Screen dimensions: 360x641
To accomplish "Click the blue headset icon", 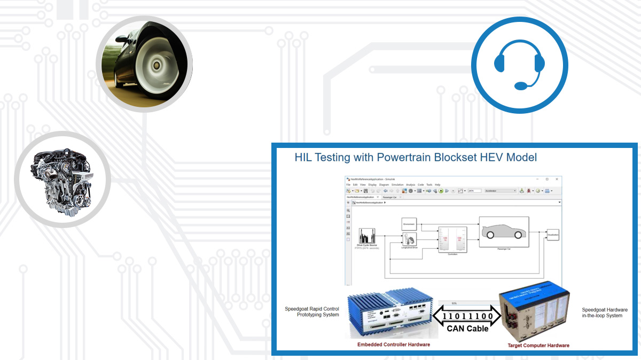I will (519, 66).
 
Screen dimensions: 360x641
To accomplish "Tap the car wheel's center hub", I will (157, 65).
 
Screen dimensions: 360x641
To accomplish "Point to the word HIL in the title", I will (304, 157).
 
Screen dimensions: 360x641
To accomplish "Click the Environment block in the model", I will (409, 225).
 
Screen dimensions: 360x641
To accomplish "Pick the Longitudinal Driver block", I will (409, 240).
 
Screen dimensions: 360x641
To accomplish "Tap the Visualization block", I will (552, 234).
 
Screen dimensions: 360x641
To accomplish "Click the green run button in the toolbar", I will (441, 191).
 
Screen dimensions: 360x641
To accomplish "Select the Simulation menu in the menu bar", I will (397, 185).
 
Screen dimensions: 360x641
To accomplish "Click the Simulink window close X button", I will (557, 179).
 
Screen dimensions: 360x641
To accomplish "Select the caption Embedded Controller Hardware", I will (394, 345).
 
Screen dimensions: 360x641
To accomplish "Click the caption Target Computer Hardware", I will (538, 345).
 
